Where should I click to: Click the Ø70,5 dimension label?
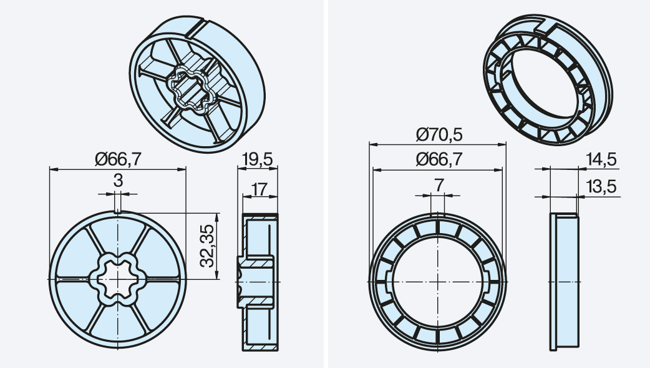439,134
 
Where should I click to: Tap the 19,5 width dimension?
258,159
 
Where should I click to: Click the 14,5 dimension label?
601,159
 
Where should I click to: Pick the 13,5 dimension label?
601,186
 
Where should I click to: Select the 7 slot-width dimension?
439,185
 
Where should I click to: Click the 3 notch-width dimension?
118,181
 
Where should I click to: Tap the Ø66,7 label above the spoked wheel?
118,159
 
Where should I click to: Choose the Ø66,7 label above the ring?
439,159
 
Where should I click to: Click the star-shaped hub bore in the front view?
118,279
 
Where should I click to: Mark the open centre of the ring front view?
437,281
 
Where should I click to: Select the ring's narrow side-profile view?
564,281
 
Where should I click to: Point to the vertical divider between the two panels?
326,184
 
